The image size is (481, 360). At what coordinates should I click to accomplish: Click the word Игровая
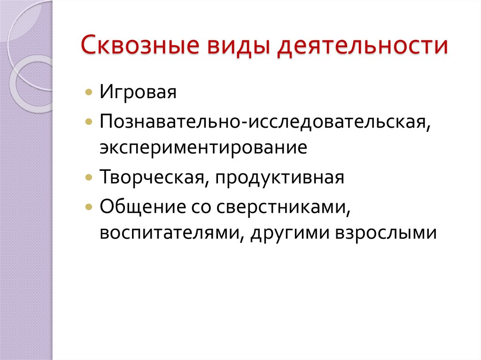(138, 92)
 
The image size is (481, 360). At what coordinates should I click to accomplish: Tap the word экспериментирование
(203, 148)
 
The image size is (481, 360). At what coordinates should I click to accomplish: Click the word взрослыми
(386, 233)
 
